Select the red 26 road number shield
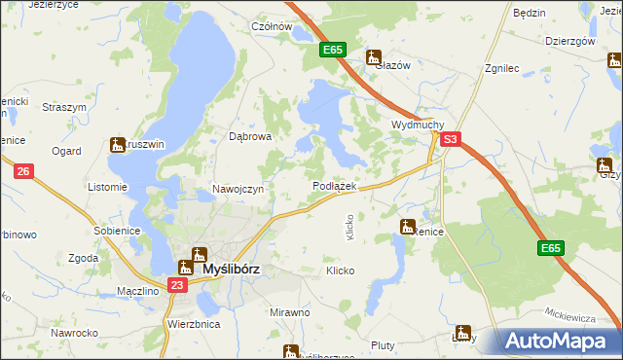click(24, 172)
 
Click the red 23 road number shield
click(176, 285)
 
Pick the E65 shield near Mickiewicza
click(550, 249)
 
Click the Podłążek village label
click(334, 186)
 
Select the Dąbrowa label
click(249, 137)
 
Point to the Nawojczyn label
click(238, 189)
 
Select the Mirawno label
click(289, 312)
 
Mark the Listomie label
click(107, 187)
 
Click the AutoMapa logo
click(559, 341)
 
